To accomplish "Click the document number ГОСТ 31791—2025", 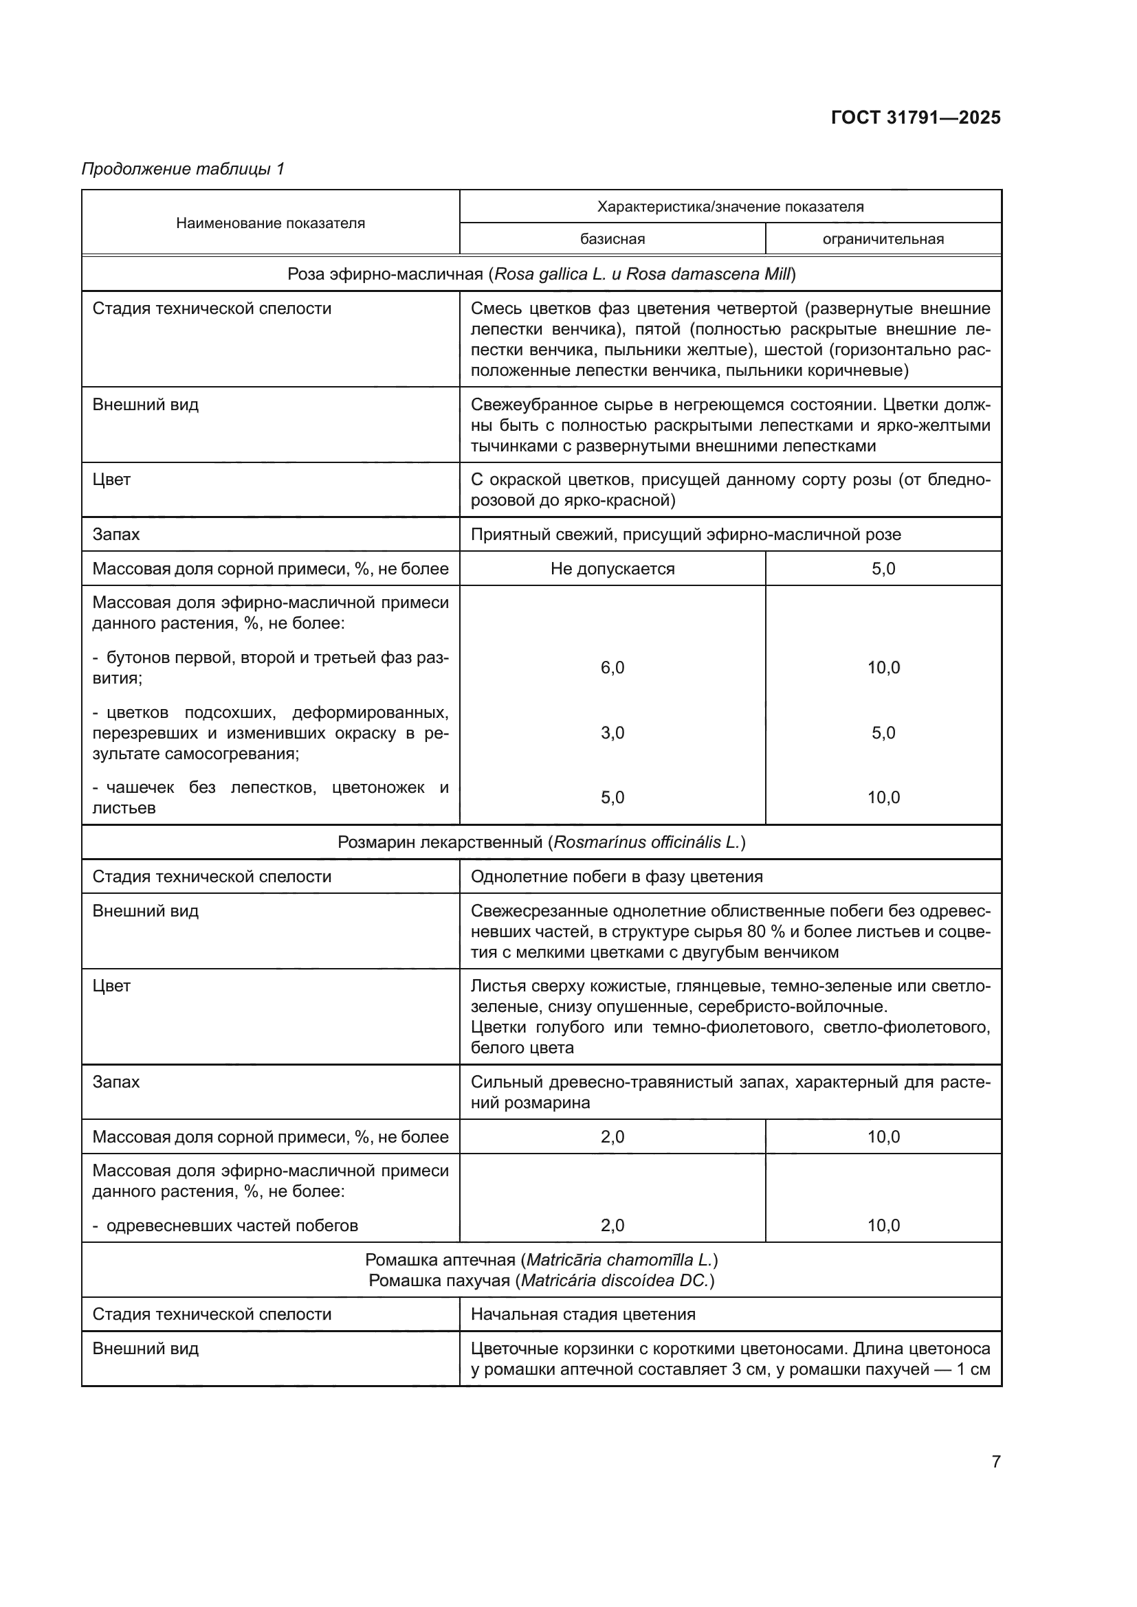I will tap(915, 117).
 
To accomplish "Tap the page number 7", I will tap(995, 1461).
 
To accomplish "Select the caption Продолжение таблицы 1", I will tap(184, 169).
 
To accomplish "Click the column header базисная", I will tap(612, 239).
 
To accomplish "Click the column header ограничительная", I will tap(883, 239).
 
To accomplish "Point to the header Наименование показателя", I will tap(270, 223).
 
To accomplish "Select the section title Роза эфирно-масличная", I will tap(541, 273).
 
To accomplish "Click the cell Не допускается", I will tap(612, 568).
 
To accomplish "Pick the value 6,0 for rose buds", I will tap(612, 667).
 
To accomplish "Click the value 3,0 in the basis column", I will tap(612, 733).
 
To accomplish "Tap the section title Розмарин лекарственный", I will tap(541, 842).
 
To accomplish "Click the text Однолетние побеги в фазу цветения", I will tap(616, 876).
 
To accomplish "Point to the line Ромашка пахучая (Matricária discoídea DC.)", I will tap(541, 1280).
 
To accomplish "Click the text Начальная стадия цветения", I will tap(582, 1314).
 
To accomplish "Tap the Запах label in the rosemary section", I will tap(116, 1082).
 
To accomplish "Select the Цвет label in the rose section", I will tap(112, 480).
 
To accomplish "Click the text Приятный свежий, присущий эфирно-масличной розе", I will tap(685, 535).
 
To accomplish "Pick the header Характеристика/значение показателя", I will tap(729, 207).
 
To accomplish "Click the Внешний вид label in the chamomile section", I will tap(146, 1348).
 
